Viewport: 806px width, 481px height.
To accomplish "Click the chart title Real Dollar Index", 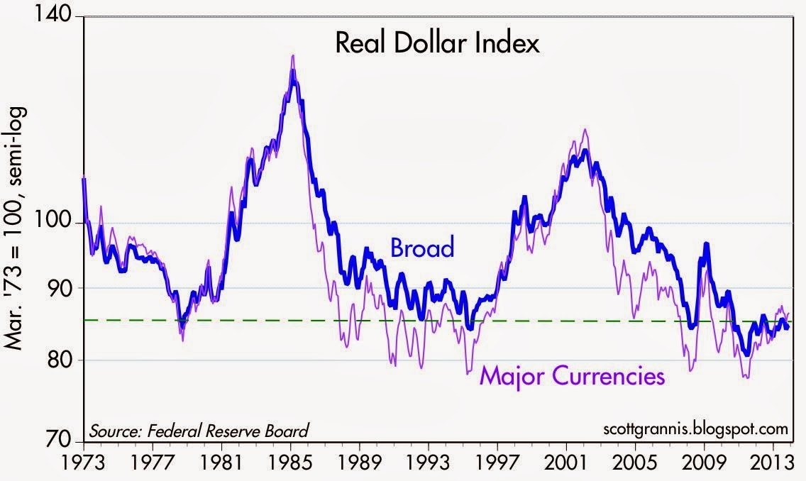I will pyautogui.click(x=437, y=44).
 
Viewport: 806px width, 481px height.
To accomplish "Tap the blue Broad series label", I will pyautogui.click(x=421, y=248).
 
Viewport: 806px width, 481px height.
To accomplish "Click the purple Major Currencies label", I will pyautogui.click(x=573, y=375).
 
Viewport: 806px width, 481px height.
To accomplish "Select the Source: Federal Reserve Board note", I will pyautogui.click(x=199, y=430).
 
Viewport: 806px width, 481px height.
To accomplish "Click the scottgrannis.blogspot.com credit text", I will pyautogui.click(x=693, y=429).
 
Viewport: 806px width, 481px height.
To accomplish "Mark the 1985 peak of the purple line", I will pyautogui.click(x=293, y=55).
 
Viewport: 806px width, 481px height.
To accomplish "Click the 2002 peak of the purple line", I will pyautogui.click(x=585, y=129).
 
